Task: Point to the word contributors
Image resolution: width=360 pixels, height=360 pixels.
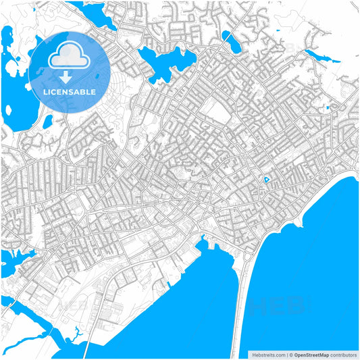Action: pyautogui.click(x=342, y=354)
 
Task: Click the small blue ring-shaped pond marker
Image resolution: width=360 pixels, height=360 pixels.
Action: pyautogui.click(x=266, y=180)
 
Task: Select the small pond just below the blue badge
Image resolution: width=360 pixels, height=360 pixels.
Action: pyautogui.click(x=48, y=122)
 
